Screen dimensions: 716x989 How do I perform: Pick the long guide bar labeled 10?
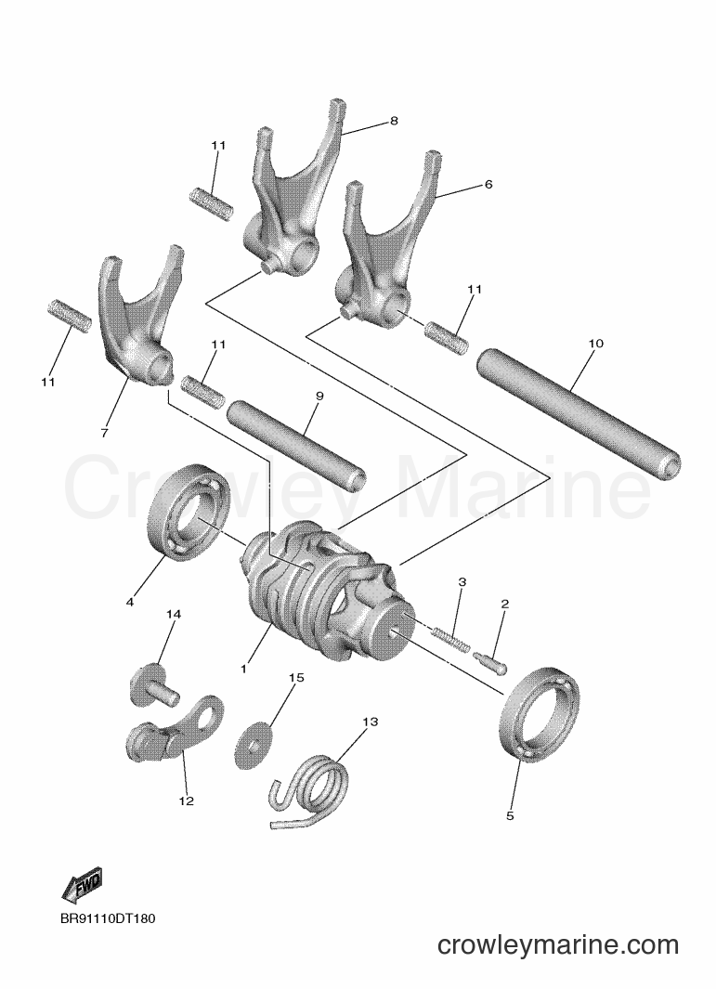click(x=579, y=412)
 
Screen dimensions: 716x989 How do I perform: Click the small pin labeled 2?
click(x=489, y=662)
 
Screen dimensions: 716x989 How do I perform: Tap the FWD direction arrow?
click(x=81, y=885)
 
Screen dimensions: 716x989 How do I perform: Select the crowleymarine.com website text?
click(x=558, y=944)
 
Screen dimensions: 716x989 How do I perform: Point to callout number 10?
click(x=595, y=343)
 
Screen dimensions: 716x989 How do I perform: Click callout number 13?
click(x=371, y=721)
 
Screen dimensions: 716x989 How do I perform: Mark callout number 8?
click(x=395, y=121)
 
